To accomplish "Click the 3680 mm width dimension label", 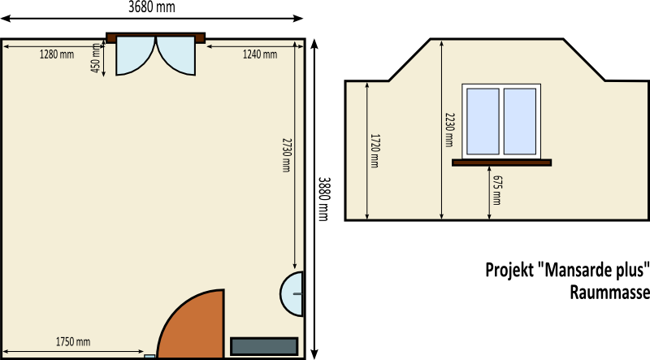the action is (152, 7).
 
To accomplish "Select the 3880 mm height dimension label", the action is (323, 199).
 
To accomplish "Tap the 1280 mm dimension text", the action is (57, 54).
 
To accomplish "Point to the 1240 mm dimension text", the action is (260, 54).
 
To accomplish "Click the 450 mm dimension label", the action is (96, 58).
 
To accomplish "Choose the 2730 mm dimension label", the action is (287, 155).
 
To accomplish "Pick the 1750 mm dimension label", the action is (73, 342).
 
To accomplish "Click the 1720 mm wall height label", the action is (375, 150).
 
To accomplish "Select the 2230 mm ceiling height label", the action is (450, 130).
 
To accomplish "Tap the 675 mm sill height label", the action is (497, 190).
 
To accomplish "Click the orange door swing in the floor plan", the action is (195, 327).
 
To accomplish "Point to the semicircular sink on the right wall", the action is (292, 294).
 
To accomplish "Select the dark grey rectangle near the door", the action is (264, 346).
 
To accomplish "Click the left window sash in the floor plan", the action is (132, 53).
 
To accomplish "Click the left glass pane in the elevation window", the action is (483, 121).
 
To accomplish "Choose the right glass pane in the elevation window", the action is (520, 121).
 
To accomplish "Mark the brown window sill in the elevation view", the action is (501, 163).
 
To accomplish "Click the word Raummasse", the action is (610, 292).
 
